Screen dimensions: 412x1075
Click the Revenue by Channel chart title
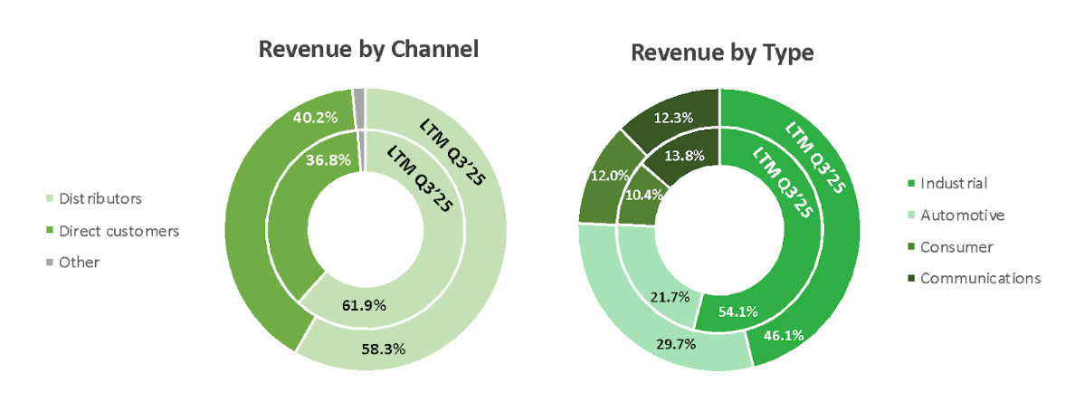368,49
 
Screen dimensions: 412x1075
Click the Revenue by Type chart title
722,53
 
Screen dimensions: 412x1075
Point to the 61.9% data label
366,305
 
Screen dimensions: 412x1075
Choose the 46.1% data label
784,335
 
